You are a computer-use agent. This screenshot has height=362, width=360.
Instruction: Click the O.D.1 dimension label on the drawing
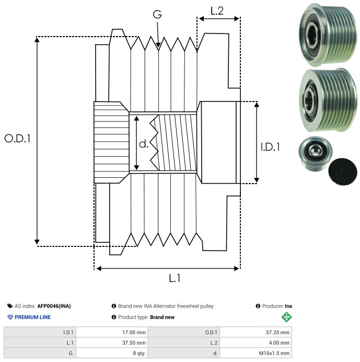click(17, 139)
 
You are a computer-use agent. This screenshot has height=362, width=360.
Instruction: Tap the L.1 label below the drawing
click(175, 278)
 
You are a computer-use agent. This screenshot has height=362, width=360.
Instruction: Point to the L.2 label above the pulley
click(217, 11)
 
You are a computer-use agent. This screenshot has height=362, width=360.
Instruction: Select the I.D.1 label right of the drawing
click(270, 147)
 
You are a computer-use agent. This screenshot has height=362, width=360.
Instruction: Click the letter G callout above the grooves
click(157, 14)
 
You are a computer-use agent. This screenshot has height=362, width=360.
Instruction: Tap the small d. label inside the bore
click(144, 144)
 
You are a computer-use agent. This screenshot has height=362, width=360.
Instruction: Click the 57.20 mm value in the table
click(277, 332)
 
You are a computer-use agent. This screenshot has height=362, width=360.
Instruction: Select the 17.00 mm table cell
click(134, 332)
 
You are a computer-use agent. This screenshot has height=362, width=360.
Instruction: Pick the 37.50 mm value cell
click(134, 343)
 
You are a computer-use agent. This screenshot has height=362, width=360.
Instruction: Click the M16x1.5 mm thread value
click(274, 353)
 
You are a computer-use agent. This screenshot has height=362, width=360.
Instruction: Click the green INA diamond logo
click(286, 317)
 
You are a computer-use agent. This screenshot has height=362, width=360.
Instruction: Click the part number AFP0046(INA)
click(54, 306)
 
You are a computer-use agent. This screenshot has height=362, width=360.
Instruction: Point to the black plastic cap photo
click(343, 172)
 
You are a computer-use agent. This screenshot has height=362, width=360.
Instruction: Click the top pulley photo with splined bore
click(328, 35)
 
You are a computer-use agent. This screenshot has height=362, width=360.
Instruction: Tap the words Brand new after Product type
click(162, 317)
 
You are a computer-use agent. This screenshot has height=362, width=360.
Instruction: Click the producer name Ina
click(288, 306)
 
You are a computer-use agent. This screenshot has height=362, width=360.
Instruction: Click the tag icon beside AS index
click(10, 306)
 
